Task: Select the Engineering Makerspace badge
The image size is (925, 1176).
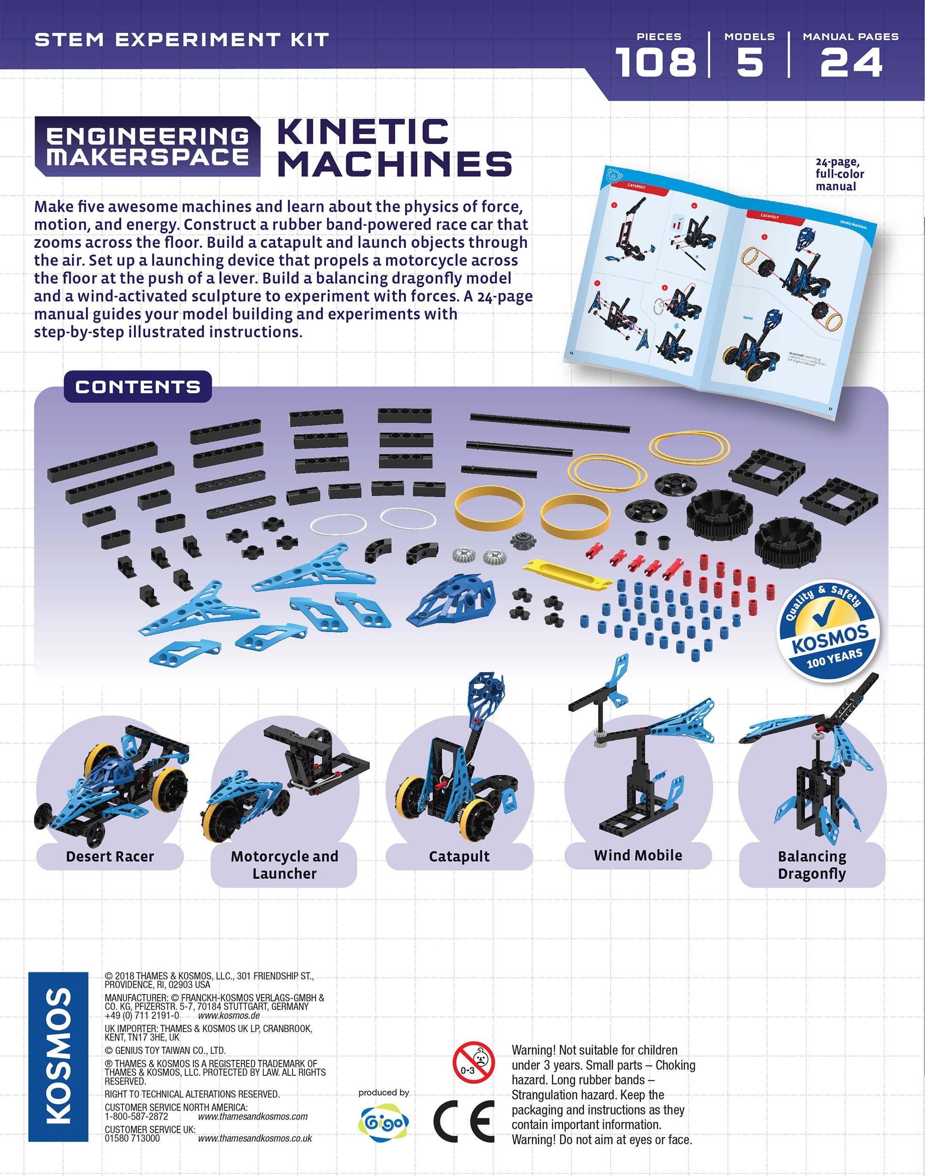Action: tap(147, 146)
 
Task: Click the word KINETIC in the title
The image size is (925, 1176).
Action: tap(363, 132)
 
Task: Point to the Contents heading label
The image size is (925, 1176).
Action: tap(137, 387)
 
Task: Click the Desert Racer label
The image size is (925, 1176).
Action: tap(110, 856)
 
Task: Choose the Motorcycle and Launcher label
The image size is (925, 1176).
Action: tap(284, 865)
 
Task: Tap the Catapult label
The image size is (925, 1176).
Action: tap(459, 856)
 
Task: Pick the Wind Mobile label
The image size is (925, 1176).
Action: tap(638, 855)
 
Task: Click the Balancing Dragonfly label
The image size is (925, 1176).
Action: tap(812, 865)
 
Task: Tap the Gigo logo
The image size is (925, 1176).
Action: tap(383, 1122)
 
